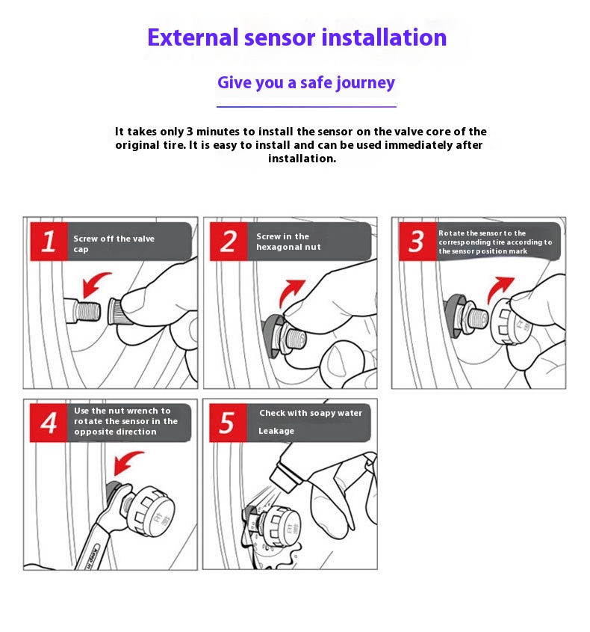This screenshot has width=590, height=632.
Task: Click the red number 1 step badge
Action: [49, 242]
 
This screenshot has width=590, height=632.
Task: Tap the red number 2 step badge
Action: [229, 242]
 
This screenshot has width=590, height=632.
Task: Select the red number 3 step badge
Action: [417, 242]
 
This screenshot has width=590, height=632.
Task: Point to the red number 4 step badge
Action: [49, 423]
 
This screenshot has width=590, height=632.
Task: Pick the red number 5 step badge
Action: [228, 423]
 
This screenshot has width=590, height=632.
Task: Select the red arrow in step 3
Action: [498, 289]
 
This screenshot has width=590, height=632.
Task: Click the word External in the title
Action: [193, 37]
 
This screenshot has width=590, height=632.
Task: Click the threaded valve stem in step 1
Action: [82, 310]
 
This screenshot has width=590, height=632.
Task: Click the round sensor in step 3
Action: [512, 322]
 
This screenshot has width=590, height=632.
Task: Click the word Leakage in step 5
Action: [276, 431]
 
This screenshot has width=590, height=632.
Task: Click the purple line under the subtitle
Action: [306, 107]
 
